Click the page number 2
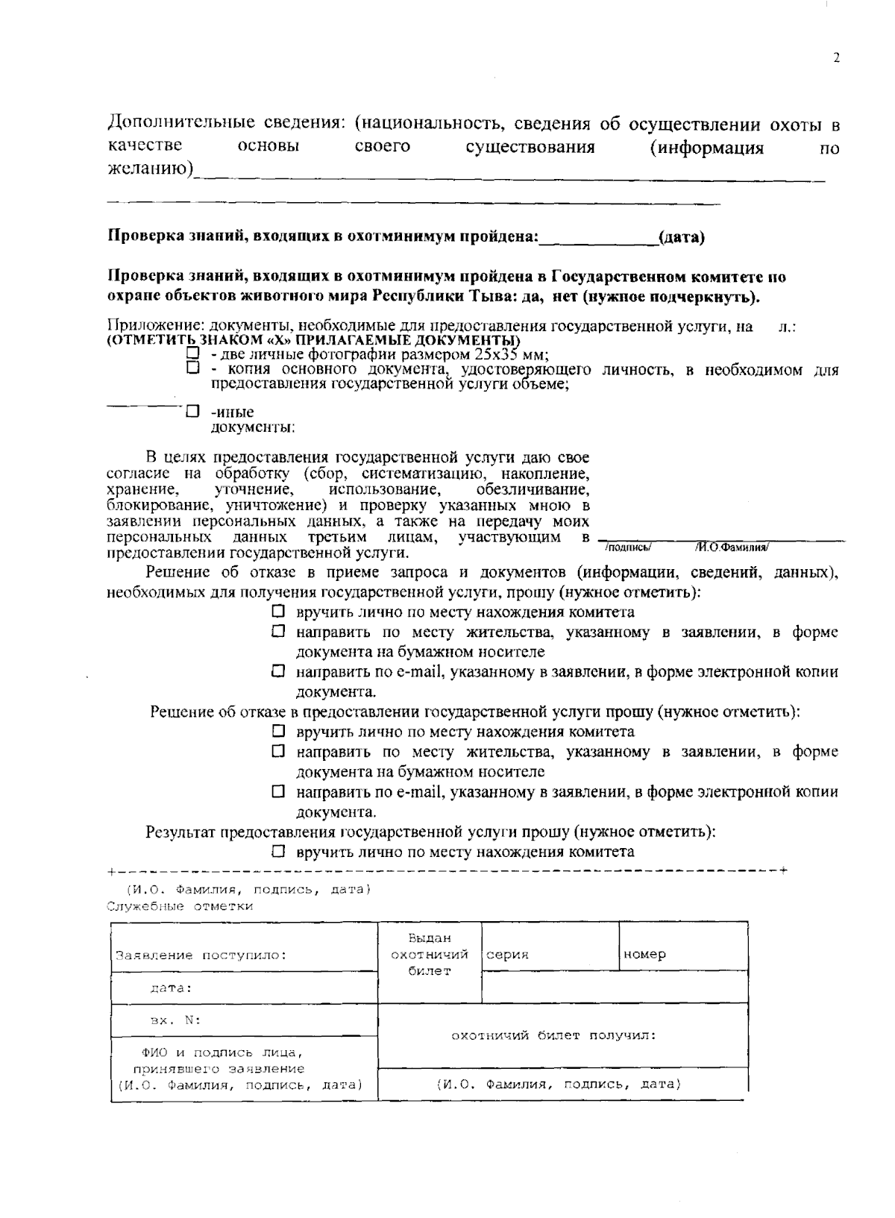(x=836, y=59)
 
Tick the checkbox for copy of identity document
(x=193, y=368)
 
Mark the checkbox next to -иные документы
(x=193, y=411)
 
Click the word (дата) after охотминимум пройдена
(x=681, y=238)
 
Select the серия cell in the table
(x=550, y=954)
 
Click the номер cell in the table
(x=682, y=954)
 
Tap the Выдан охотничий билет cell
(x=430, y=954)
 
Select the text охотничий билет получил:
(x=553, y=1035)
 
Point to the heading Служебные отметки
(x=180, y=906)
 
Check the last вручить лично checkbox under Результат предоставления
(x=278, y=851)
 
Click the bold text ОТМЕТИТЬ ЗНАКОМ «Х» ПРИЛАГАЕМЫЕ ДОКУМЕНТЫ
(x=313, y=340)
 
